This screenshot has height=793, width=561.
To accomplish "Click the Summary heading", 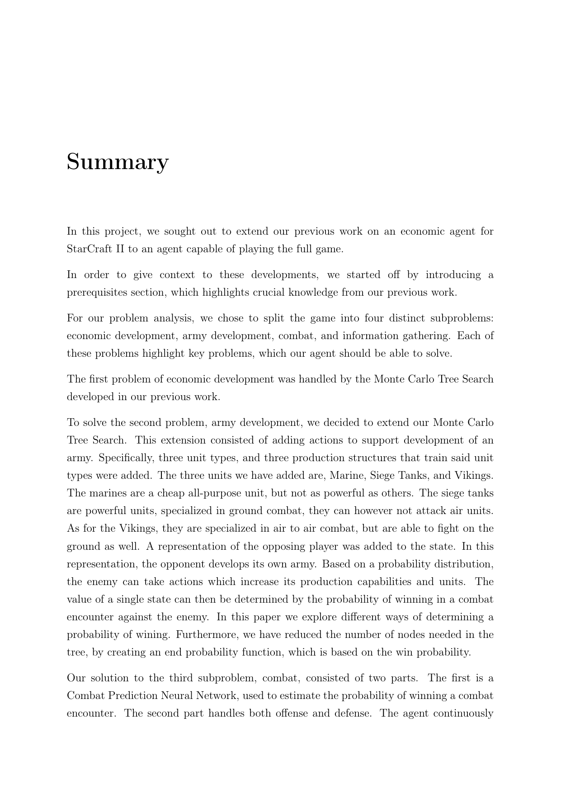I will pos(118,162).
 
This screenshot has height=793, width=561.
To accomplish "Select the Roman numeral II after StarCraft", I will pos(120,249).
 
